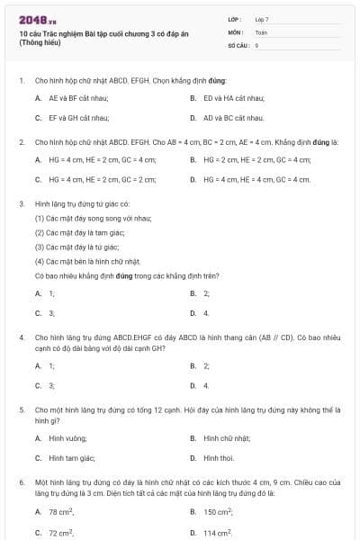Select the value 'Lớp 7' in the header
tap(262, 19)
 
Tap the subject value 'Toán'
tap(261, 31)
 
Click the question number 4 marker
tap(21, 337)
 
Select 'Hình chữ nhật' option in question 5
tap(226, 438)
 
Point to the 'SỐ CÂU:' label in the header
tap(237, 44)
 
